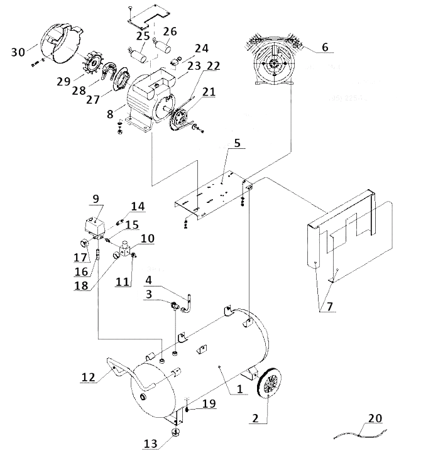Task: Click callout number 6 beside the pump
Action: (x=324, y=46)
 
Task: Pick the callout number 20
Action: (x=375, y=418)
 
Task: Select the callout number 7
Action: (x=329, y=307)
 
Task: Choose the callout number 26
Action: (x=170, y=31)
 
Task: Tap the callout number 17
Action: (x=80, y=257)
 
